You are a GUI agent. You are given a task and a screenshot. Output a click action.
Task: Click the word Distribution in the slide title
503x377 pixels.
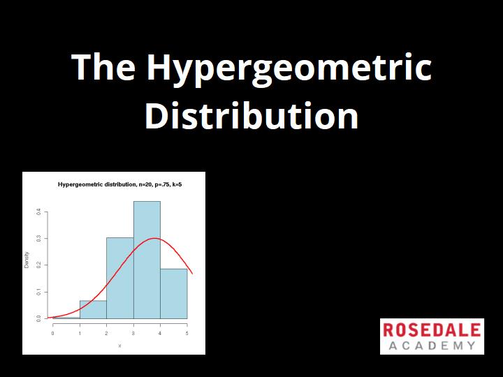click(251, 115)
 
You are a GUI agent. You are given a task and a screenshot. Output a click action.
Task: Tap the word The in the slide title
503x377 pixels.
click(103, 66)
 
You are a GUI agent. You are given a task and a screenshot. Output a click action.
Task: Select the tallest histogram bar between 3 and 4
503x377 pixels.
click(147, 260)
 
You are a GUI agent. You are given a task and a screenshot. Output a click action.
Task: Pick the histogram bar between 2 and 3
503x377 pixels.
click(120, 278)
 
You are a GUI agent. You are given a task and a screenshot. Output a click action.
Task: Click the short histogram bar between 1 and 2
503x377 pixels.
click(93, 310)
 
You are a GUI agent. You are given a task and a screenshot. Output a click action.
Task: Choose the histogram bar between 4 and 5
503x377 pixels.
click(174, 294)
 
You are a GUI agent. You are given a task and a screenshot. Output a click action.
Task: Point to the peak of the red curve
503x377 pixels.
click(154, 238)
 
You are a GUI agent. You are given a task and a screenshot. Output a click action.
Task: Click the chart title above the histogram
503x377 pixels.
click(120, 184)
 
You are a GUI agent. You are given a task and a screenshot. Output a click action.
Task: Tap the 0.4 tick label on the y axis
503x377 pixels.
click(38, 212)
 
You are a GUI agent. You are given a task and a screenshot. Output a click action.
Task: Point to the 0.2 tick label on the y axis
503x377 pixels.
click(38, 265)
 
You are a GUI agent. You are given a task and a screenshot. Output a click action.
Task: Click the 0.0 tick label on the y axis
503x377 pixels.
click(38, 318)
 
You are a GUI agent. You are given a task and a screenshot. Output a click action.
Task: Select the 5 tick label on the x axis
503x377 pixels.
click(187, 334)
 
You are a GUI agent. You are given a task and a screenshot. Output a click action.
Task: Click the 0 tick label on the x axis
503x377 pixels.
click(52, 334)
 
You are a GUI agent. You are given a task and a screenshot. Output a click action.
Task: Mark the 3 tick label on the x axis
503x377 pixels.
click(133, 334)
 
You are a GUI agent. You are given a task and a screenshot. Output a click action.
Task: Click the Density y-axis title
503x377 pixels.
click(27, 260)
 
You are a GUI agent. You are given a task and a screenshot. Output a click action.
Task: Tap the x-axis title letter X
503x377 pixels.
click(119, 346)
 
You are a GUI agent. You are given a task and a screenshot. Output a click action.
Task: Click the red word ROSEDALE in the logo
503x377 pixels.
click(432, 330)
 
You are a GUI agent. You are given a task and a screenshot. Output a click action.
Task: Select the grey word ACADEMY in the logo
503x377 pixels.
click(432, 346)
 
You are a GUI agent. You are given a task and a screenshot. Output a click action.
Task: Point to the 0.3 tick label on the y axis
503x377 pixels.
click(38, 239)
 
